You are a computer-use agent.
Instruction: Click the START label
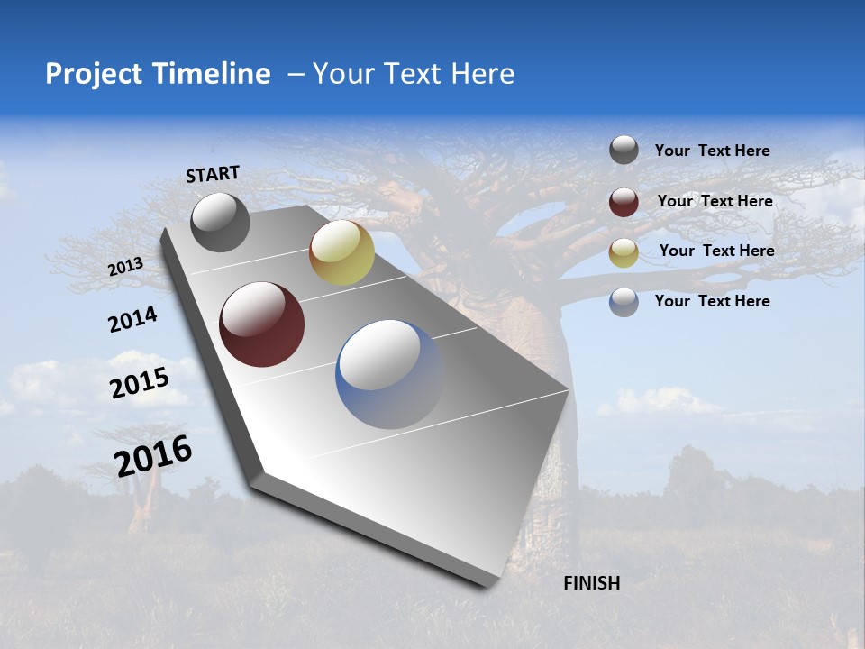[x=213, y=174]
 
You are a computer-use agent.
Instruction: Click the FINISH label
[x=591, y=583]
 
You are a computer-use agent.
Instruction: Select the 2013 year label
[x=125, y=267]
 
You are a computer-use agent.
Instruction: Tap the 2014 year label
[x=132, y=319]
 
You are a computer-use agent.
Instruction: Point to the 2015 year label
[x=139, y=382]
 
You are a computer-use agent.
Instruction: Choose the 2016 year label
[x=153, y=456]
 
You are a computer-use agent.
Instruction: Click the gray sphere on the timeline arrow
[x=220, y=222]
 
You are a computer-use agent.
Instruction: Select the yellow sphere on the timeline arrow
[x=341, y=252]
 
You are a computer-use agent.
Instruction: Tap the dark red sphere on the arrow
[x=262, y=324]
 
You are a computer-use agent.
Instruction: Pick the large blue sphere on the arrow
[x=390, y=374]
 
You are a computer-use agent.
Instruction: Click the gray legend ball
[x=624, y=150]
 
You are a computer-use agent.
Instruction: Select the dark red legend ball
[x=624, y=201]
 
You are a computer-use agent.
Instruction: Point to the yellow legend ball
[x=624, y=251]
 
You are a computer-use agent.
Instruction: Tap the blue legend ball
[x=624, y=302]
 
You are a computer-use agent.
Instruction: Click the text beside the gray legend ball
[x=712, y=151]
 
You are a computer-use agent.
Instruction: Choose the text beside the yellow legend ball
[x=716, y=251]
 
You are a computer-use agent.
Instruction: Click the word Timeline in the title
[x=212, y=74]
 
